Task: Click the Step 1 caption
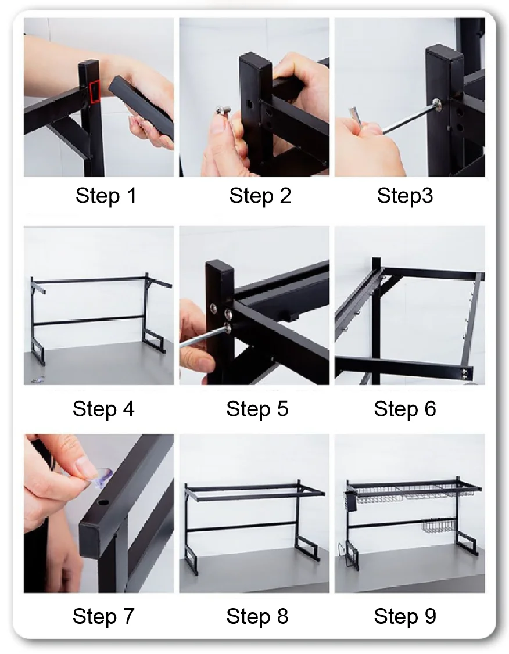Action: click(x=106, y=196)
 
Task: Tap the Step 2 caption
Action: click(x=260, y=196)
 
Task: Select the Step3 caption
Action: click(x=404, y=196)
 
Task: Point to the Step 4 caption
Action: click(x=103, y=409)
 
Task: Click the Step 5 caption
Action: click(x=257, y=409)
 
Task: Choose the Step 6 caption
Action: click(x=404, y=409)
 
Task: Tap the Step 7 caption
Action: click(x=103, y=616)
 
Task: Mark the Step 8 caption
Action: click(x=257, y=616)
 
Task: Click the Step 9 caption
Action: click(x=404, y=616)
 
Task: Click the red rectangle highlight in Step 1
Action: click(x=95, y=92)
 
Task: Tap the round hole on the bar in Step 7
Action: click(x=102, y=504)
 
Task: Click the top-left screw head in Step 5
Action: click(x=214, y=308)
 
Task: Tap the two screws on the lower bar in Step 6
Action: click(x=464, y=373)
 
